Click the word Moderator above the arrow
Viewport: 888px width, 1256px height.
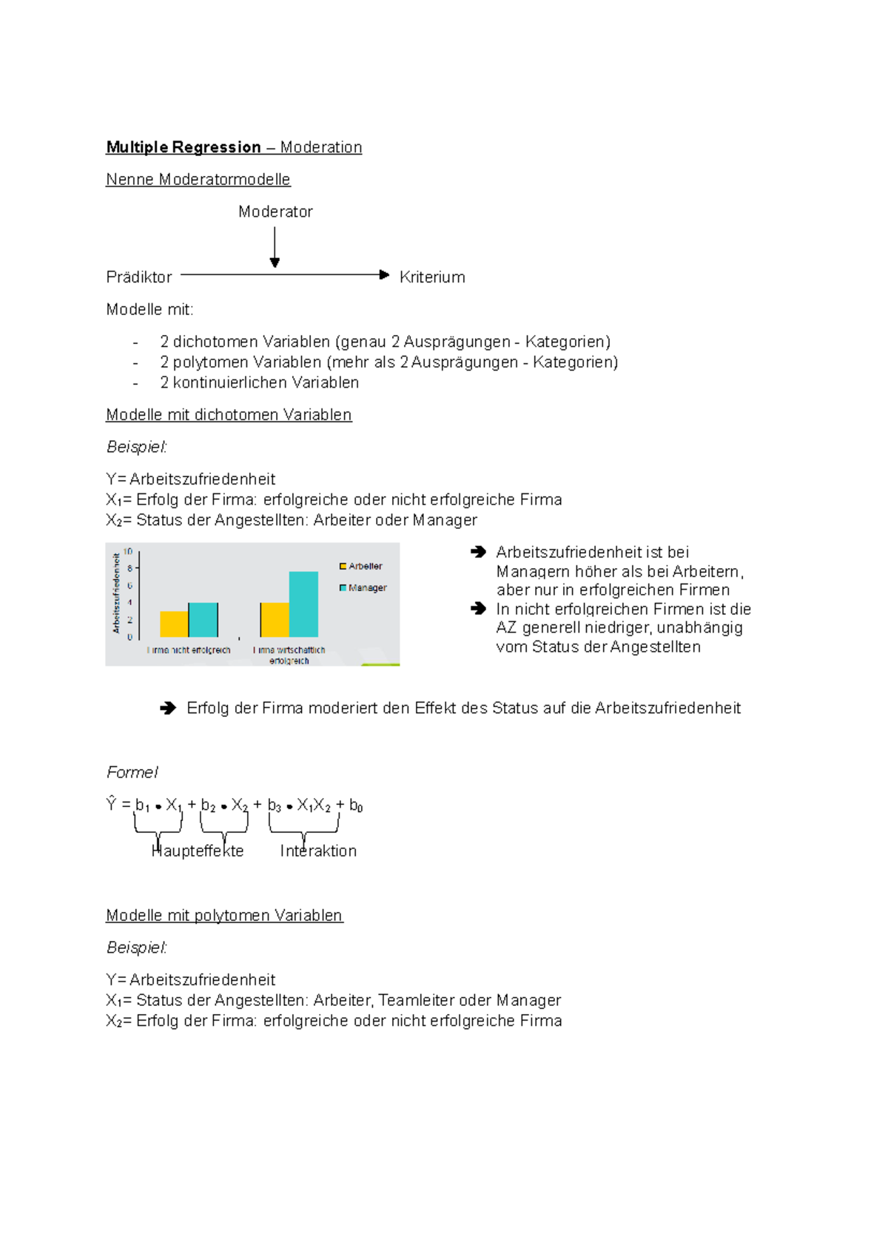(275, 212)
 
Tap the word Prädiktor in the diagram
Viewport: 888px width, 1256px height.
(139, 277)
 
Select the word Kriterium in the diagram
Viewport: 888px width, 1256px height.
(432, 277)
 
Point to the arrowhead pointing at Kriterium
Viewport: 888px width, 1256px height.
(384, 275)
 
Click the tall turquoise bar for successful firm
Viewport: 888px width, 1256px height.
(303, 604)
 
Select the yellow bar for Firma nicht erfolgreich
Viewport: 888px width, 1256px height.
(174, 624)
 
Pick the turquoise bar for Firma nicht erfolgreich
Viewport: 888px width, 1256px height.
(203, 620)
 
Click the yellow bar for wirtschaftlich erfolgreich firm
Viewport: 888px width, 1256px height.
(275, 620)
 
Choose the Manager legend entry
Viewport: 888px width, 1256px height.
(363, 588)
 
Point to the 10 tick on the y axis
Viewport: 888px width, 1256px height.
(128, 552)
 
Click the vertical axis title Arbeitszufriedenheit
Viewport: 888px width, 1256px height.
(116, 593)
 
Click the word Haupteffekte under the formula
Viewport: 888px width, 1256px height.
(198, 851)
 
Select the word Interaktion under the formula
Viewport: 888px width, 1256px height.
(318, 851)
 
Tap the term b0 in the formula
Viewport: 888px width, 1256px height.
(356, 806)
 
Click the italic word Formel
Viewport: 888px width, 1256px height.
(132, 773)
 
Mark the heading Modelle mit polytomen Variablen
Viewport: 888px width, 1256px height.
(224, 916)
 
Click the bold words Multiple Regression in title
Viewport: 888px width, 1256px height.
(184, 147)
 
